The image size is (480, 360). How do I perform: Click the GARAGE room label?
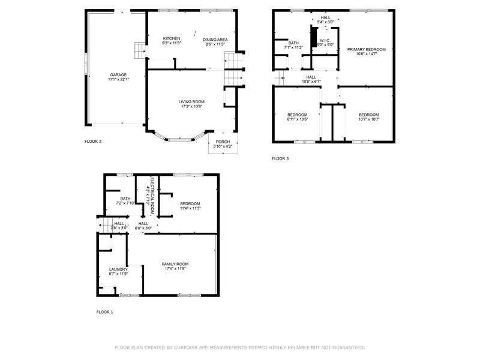click(118, 75)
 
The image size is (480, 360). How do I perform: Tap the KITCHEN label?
click(172, 38)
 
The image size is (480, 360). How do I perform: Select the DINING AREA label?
click(215, 40)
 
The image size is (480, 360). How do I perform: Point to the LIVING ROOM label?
click(191, 102)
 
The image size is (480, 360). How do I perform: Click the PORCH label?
click(223, 142)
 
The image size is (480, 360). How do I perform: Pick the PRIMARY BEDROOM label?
click(367, 50)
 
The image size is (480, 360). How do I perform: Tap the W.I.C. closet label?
click(325, 41)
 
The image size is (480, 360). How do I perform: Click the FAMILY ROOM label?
click(175, 264)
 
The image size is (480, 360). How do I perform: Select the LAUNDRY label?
click(118, 269)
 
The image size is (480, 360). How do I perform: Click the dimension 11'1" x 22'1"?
click(118, 80)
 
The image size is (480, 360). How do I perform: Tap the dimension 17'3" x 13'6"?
click(191, 107)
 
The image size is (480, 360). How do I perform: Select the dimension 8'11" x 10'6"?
click(297, 119)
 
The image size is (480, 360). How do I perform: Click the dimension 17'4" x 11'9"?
click(175, 269)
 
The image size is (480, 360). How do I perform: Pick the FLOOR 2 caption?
click(93, 142)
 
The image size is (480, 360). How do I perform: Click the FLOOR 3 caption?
click(280, 158)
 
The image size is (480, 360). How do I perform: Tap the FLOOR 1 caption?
click(104, 312)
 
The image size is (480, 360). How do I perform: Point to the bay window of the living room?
click(180, 140)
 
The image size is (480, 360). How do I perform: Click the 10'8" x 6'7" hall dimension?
click(311, 82)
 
